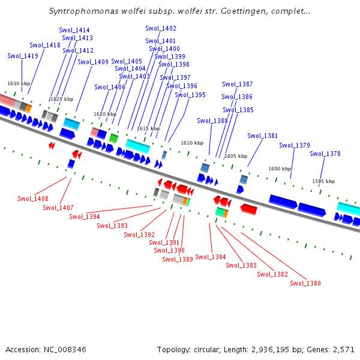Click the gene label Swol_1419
(x=23, y=56)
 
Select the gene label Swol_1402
(x=161, y=28)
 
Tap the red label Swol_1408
(x=33, y=199)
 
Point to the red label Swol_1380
(x=305, y=283)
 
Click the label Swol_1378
(x=325, y=154)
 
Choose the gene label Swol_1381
(x=263, y=136)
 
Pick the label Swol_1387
(x=238, y=84)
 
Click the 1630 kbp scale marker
(x=19, y=83)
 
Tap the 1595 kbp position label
(x=323, y=181)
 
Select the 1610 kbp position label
(x=192, y=143)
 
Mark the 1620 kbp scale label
(x=105, y=114)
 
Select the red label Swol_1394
(x=85, y=217)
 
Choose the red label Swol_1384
(x=211, y=257)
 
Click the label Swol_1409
(x=93, y=62)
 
